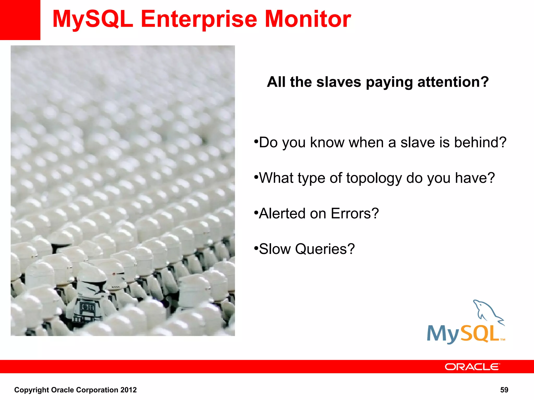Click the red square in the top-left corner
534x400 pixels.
point(20,20)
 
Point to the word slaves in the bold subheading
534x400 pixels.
point(339,82)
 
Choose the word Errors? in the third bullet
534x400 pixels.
point(355,214)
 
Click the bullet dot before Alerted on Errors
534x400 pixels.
point(256,213)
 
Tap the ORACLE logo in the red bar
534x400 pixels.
point(472,367)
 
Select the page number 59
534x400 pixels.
point(504,390)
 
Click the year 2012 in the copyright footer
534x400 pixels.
point(129,390)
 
